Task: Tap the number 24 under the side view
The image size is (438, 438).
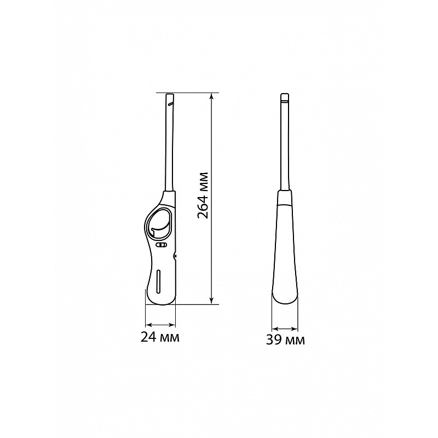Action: pos(148,337)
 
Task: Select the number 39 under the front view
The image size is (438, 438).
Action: pos(274,340)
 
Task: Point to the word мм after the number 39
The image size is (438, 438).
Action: pos(295,341)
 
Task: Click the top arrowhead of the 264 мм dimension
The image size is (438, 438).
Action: pos(212,97)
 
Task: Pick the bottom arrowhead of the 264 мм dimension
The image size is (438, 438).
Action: pos(212,300)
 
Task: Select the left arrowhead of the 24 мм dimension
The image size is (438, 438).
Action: pos(149,325)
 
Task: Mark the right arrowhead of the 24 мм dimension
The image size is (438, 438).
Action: pos(172,325)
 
